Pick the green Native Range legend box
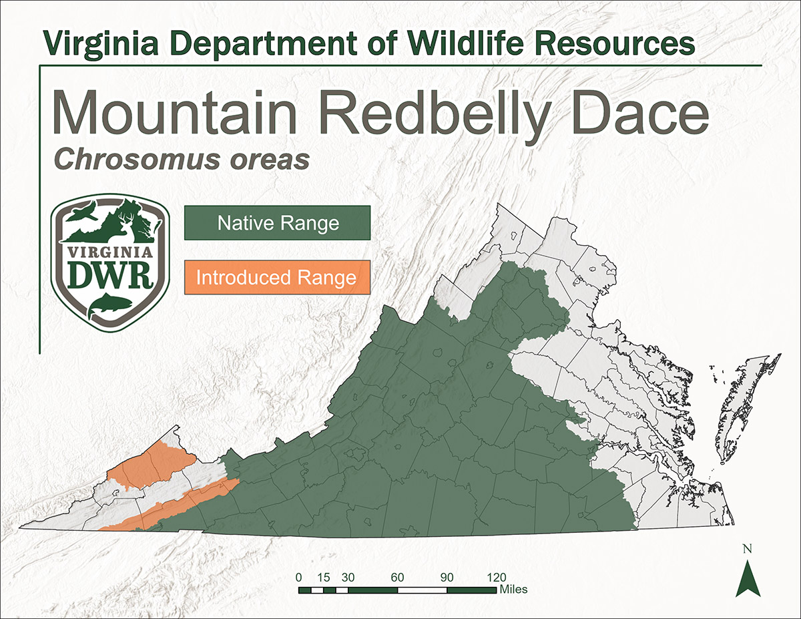click(x=277, y=223)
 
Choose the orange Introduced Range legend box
click(x=277, y=277)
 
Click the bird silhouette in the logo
click(x=83, y=214)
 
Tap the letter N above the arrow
click(x=748, y=550)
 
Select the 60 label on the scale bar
click(x=398, y=578)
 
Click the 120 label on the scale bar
click(x=497, y=578)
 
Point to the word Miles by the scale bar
click(x=513, y=590)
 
